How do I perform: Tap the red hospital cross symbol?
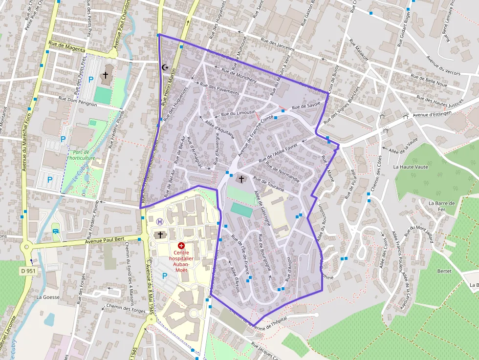tap(181, 245)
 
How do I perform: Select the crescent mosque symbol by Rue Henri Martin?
tap(164, 67)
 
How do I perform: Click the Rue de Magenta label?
tap(67, 50)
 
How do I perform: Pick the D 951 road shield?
tap(29, 271)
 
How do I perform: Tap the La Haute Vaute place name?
tap(411, 167)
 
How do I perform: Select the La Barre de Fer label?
tap(441, 206)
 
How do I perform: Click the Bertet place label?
tap(444, 270)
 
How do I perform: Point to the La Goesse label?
tap(48, 297)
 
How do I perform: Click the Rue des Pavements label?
tap(219, 88)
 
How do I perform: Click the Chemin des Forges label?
tap(120, 307)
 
